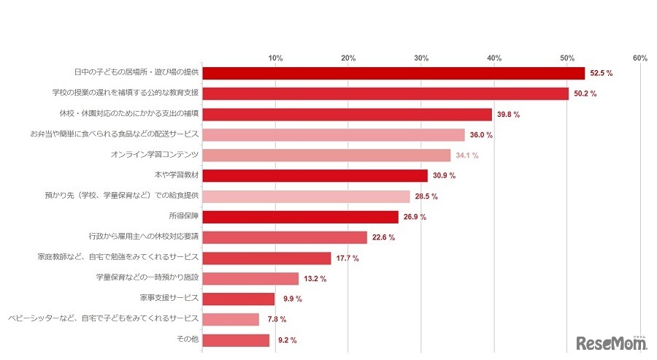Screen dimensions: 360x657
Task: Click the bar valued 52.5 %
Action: point(393,73)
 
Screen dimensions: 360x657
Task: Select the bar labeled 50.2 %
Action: point(385,93)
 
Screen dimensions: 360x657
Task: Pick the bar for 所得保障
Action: point(300,217)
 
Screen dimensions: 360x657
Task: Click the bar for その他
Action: point(236,340)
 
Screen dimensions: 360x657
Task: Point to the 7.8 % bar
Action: point(231,319)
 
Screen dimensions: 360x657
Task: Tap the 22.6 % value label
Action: point(384,237)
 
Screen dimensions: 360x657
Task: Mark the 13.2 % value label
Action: point(315,279)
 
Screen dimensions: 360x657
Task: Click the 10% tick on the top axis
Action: point(275,58)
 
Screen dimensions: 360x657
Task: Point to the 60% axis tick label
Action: point(640,58)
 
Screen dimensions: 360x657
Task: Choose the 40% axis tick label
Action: point(494,58)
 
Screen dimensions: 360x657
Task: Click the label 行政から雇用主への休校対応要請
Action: point(143,237)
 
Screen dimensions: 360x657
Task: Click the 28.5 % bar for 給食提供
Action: point(306,196)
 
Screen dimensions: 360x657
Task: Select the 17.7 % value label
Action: point(348,258)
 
